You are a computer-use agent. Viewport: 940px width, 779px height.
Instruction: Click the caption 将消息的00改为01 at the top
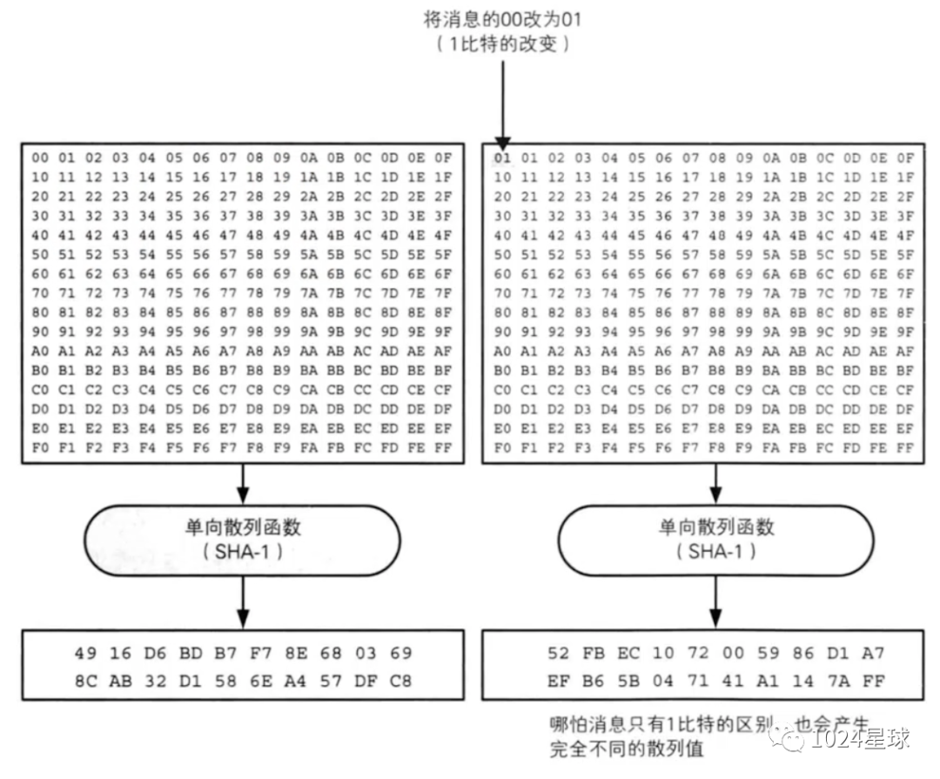pyautogui.click(x=504, y=17)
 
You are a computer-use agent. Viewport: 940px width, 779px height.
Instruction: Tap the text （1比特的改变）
pyautogui.click(x=504, y=44)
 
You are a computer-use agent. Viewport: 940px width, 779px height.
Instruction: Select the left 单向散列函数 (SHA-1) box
pyautogui.click(x=244, y=540)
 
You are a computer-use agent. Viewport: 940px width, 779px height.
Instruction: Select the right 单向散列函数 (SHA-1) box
pyautogui.click(x=715, y=540)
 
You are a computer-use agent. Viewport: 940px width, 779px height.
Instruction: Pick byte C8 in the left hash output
pyautogui.click(x=402, y=682)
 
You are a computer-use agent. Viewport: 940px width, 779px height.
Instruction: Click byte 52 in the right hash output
pyautogui.click(x=559, y=653)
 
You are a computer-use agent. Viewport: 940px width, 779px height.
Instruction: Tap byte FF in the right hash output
pyautogui.click(x=874, y=682)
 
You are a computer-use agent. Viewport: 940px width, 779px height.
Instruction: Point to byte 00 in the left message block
pyautogui.click(x=40, y=158)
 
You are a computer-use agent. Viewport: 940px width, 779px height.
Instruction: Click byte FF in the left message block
pyautogui.click(x=443, y=448)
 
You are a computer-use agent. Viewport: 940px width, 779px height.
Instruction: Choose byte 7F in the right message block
pyautogui.click(x=905, y=293)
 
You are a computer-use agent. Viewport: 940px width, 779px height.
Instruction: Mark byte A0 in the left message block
pyautogui.click(x=40, y=352)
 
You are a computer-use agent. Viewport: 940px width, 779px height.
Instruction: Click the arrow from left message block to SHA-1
pyautogui.click(x=244, y=483)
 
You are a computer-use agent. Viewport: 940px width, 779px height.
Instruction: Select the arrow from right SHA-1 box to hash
pyautogui.click(x=715, y=602)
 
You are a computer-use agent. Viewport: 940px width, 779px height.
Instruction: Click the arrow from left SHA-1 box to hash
pyautogui.click(x=244, y=602)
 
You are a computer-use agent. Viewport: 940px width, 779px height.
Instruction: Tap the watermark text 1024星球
pyautogui.click(x=860, y=739)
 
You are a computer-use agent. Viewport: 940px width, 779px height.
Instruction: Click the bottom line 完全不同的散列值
pyautogui.click(x=626, y=748)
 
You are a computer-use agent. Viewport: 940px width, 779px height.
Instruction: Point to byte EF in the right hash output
pyautogui.click(x=559, y=682)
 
